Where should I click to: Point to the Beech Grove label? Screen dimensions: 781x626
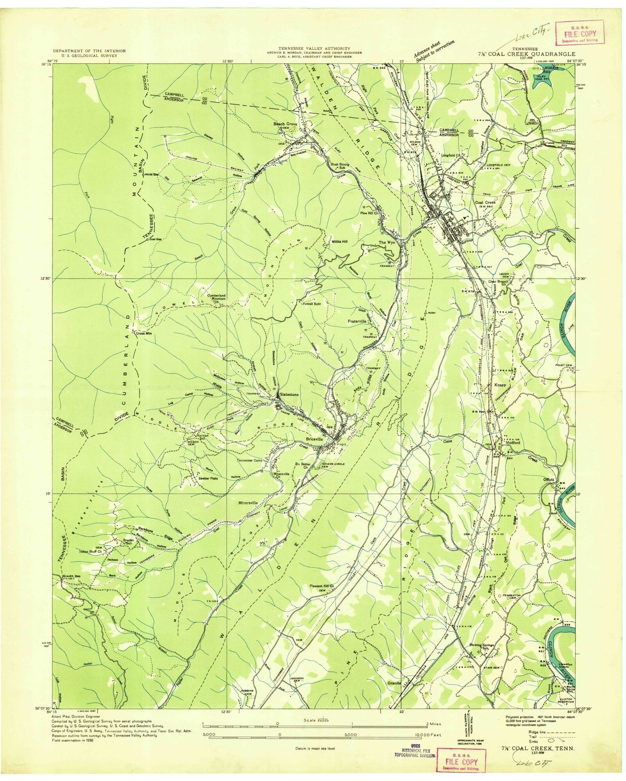pyautogui.click(x=285, y=124)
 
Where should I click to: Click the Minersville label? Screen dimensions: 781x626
pyautogui.click(x=248, y=503)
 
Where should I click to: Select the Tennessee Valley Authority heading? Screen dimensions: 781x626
pyautogui.click(x=314, y=49)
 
